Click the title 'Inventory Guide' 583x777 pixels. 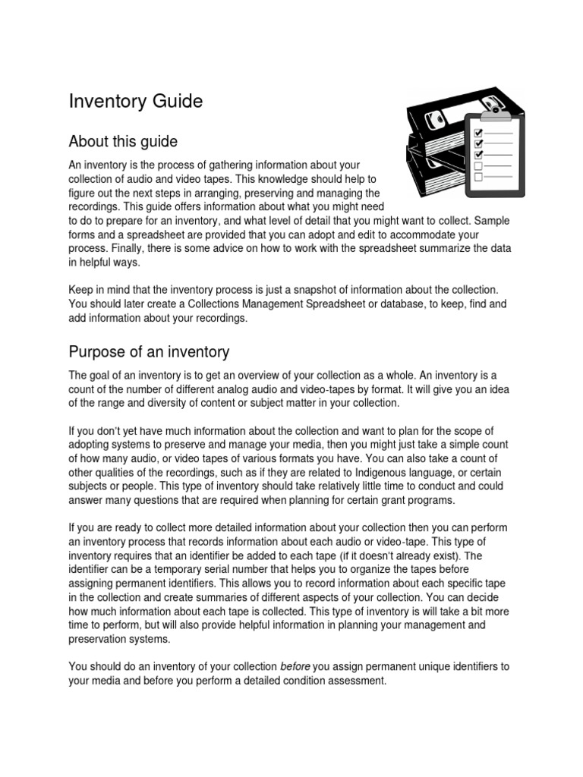click(x=136, y=102)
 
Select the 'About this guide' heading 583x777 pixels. click(x=123, y=142)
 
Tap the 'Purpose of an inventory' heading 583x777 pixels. click(x=149, y=352)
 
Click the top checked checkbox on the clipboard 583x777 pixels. click(x=478, y=131)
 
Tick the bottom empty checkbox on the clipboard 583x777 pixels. click(x=478, y=177)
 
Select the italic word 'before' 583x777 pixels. click(x=295, y=666)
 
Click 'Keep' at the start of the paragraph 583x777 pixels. click(x=82, y=289)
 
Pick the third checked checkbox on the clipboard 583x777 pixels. click(x=478, y=154)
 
